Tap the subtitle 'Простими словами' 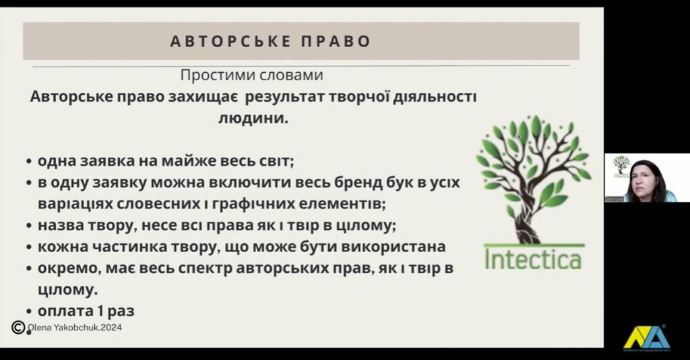tap(252, 75)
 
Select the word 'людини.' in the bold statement tap(252, 118)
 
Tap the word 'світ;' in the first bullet tap(276, 162)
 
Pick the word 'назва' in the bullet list tap(61, 225)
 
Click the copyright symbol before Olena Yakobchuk tap(19, 328)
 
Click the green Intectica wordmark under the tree tap(532, 258)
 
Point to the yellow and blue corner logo tap(646, 337)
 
